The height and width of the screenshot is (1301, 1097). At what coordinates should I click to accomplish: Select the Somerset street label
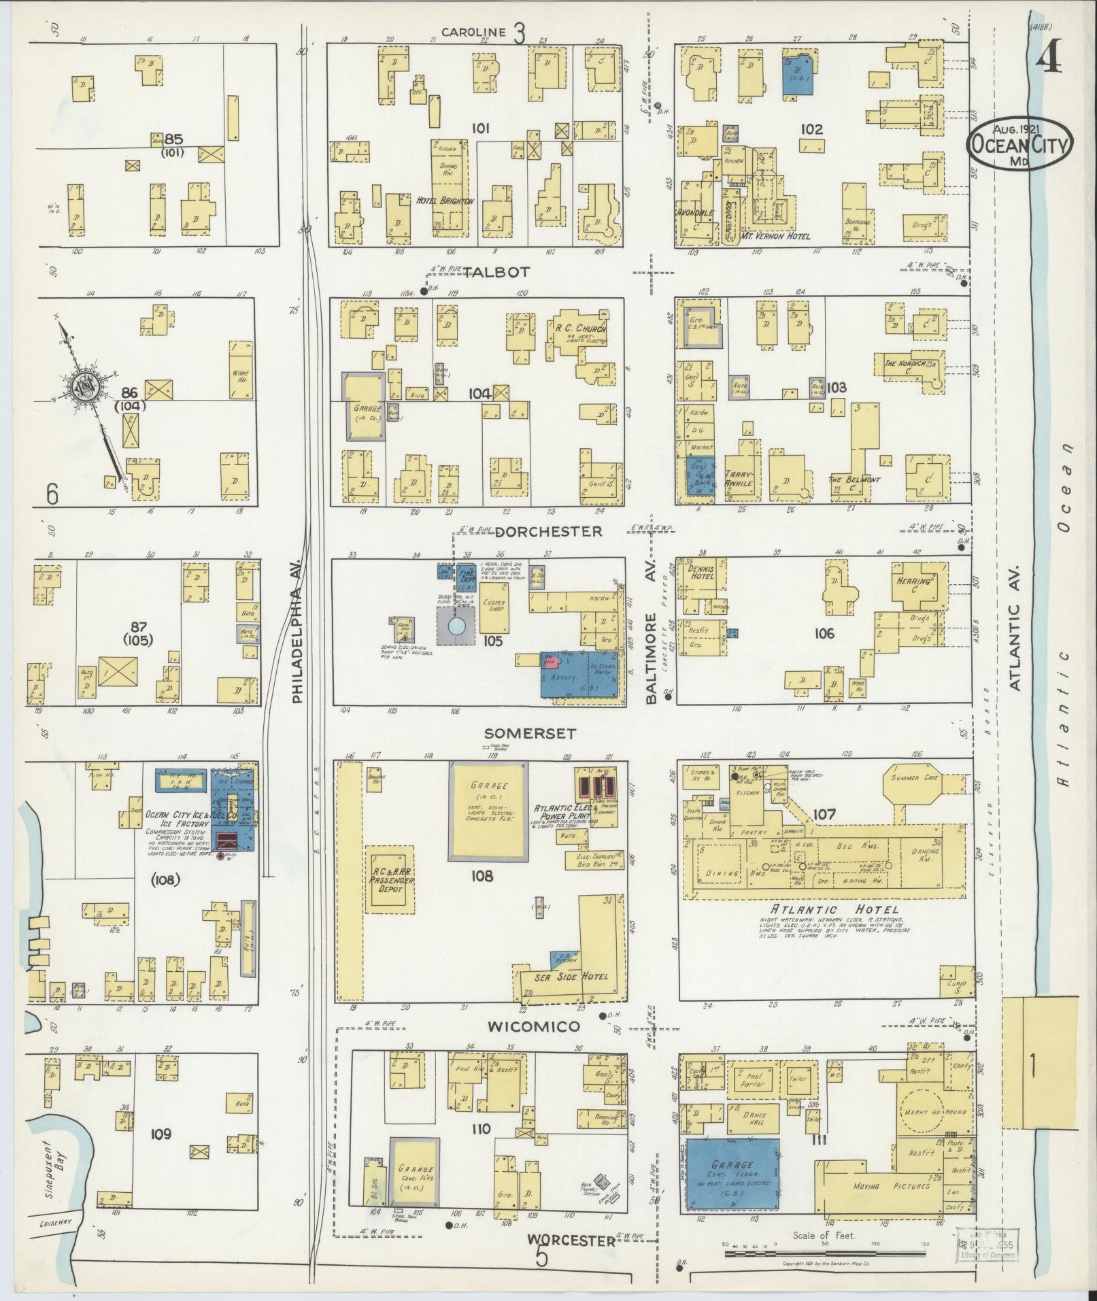530,734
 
